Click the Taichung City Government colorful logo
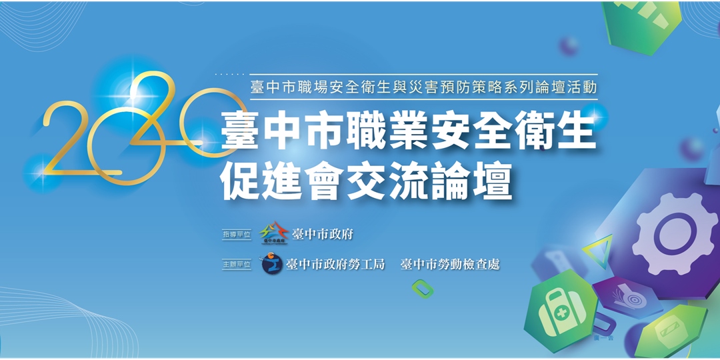[273, 233]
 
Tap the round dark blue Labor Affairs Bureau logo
[271, 264]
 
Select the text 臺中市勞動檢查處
[449, 265]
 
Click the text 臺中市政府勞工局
[335, 265]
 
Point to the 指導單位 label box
[237, 235]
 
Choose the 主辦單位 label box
[237, 265]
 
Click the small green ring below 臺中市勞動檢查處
[423, 289]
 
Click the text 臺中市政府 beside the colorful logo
[323, 234]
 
